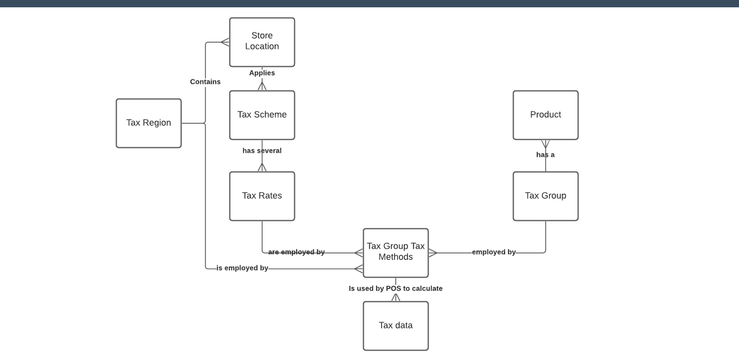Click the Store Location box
click(x=262, y=42)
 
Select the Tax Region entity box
click(x=149, y=123)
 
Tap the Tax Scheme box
click(x=262, y=115)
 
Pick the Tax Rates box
click(x=262, y=196)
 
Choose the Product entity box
click(x=545, y=115)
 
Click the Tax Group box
click(x=545, y=196)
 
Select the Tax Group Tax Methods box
click(x=395, y=253)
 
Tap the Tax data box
click(x=395, y=326)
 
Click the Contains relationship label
click(x=205, y=82)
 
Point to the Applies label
click(x=262, y=73)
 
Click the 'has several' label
click(x=262, y=151)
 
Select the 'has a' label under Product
click(x=545, y=155)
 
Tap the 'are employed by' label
click(x=296, y=252)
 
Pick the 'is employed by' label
click(x=242, y=268)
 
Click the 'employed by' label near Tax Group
click(x=493, y=252)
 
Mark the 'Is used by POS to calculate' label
click(x=395, y=288)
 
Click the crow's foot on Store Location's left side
click(x=225, y=42)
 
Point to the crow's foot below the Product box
click(x=545, y=144)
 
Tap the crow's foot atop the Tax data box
click(x=395, y=297)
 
